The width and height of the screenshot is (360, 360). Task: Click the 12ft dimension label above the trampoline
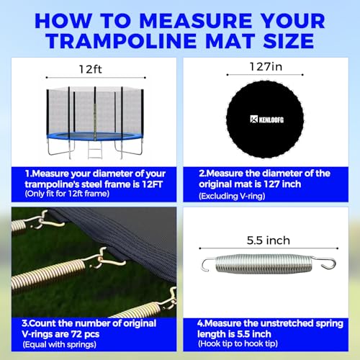[x=91, y=69]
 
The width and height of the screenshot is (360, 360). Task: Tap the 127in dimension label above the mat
[x=266, y=67]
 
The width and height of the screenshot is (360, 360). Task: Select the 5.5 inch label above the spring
[x=269, y=240]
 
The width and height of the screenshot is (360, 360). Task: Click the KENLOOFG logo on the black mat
[x=266, y=120]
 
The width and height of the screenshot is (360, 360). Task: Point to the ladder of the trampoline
[x=95, y=150]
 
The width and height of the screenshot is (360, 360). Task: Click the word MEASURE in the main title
[x=196, y=21]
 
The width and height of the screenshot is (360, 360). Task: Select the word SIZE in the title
[x=289, y=41]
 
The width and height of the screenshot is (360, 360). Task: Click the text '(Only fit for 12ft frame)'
[x=67, y=194]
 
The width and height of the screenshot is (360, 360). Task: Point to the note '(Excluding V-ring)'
[x=232, y=196]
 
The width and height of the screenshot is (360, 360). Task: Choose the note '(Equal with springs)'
[x=60, y=345]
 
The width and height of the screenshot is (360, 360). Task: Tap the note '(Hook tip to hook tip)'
[x=238, y=343]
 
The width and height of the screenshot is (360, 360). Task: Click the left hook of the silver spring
[x=208, y=264]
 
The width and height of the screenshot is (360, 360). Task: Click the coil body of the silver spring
[x=264, y=264]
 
